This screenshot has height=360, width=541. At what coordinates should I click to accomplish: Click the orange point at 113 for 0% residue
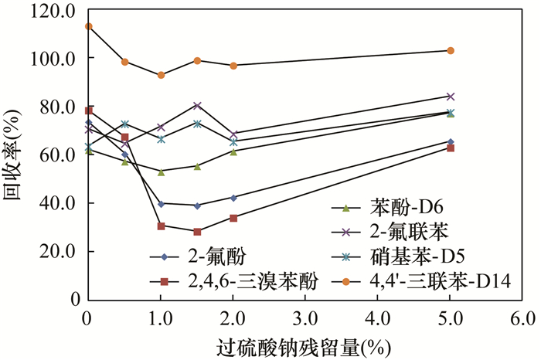point(88,26)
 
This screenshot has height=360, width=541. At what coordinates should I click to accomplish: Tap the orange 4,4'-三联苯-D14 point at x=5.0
point(451,50)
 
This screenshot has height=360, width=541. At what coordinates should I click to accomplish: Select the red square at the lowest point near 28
point(197,232)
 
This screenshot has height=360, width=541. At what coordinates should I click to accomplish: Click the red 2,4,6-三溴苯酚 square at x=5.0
point(451,148)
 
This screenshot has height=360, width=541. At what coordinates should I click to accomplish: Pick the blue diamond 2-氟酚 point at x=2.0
point(233,198)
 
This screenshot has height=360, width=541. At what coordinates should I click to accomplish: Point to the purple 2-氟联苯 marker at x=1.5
point(197,105)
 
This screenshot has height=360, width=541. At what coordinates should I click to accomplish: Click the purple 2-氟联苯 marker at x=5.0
point(451,97)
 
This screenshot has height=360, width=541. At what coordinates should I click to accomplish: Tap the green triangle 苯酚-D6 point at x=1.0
point(161,172)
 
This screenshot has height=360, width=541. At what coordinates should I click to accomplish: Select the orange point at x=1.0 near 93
point(161,75)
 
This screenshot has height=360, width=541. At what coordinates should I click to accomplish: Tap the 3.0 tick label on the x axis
point(305,318)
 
